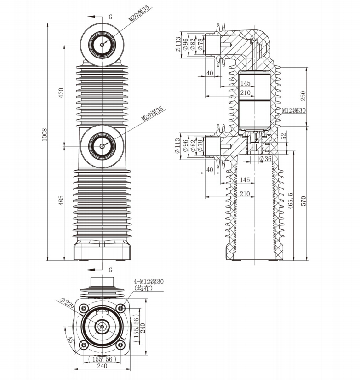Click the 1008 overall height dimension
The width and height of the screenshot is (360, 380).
[45, 140]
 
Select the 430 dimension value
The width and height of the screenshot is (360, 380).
[61, 93]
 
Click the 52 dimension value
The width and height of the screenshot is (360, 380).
[284, 136]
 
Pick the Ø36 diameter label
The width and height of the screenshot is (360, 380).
[265, 159]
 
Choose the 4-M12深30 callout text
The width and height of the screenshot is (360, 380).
[149, 281]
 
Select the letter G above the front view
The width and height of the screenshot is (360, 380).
[110, 17]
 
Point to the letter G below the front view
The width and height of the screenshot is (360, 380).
[110, 269]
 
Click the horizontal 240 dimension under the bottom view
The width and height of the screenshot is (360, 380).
[102, 366]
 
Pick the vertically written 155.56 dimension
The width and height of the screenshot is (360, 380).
[136, 329]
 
